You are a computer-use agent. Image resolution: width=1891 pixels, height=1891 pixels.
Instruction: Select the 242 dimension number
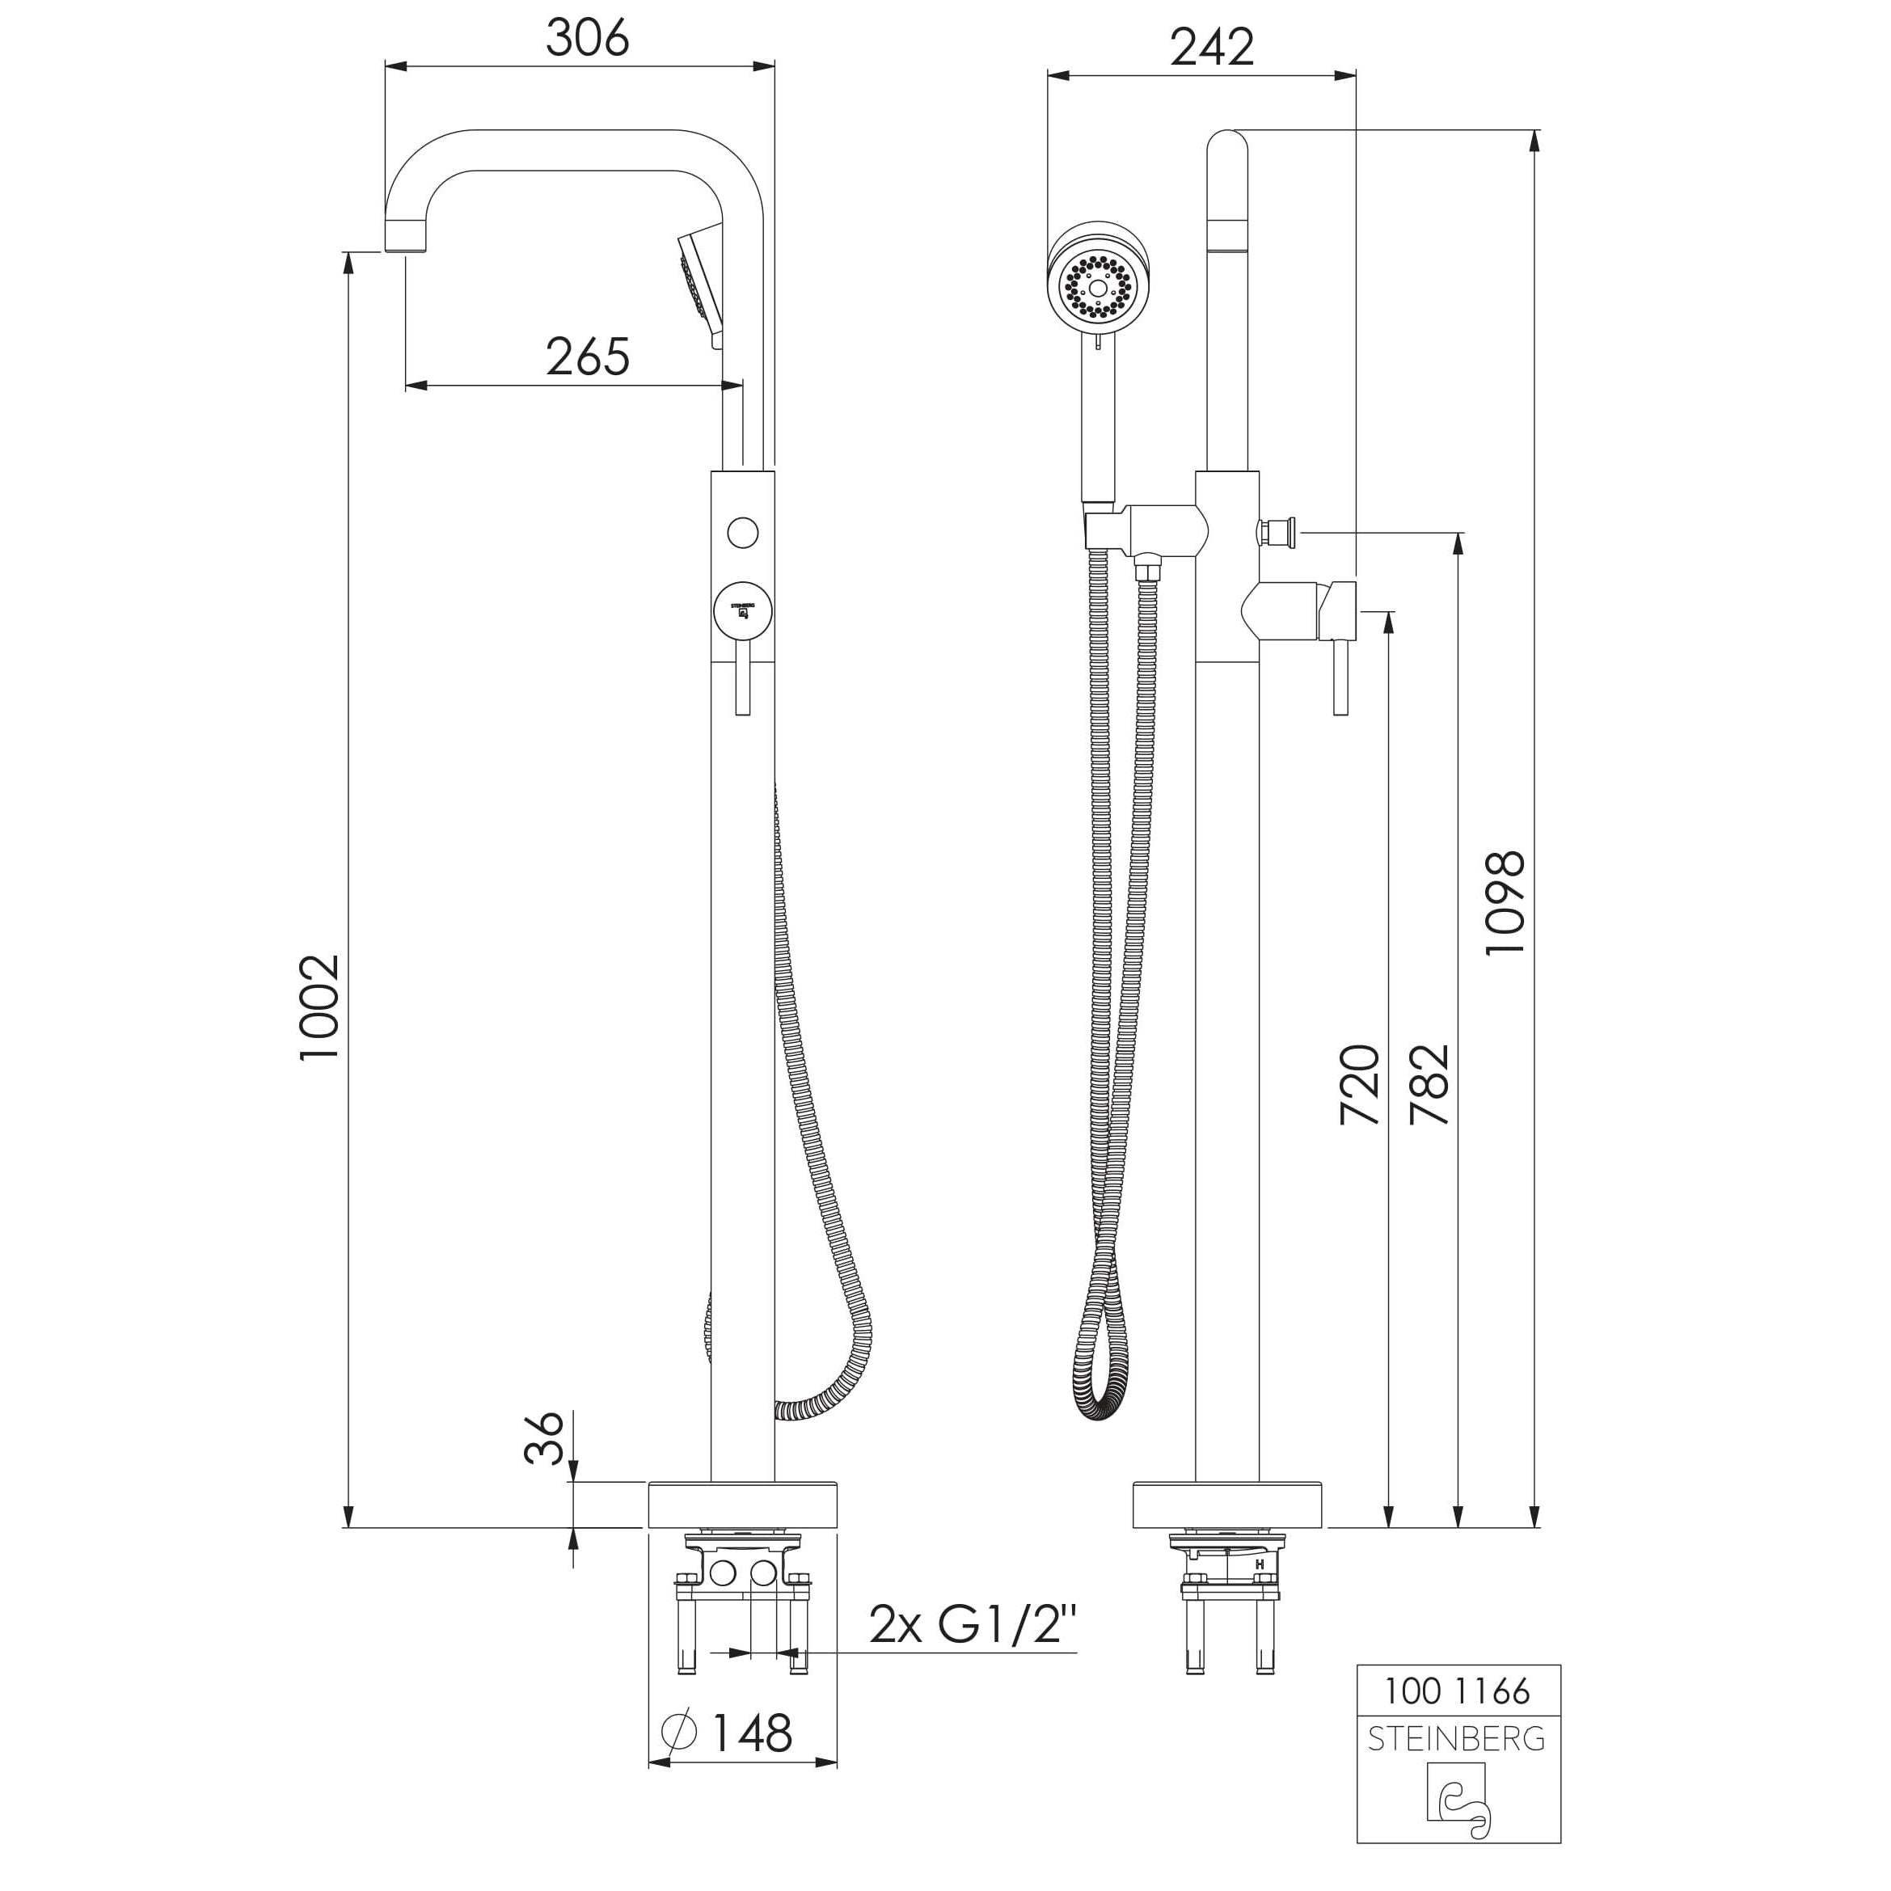pyautogui.click(x=1212, y=46)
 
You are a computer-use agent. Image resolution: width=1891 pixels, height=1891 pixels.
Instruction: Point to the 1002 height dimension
pyautogui.click(x=320, y=1007)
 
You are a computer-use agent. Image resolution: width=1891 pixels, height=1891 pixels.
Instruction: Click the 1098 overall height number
pyautogui.click(x=1505, y=902)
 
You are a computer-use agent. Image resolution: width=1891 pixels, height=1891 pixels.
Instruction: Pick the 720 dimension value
pyautogui.click(x=1360, y=1084)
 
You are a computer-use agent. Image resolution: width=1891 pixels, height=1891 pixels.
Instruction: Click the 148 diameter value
pyautogui.click(x=751, y=1733)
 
